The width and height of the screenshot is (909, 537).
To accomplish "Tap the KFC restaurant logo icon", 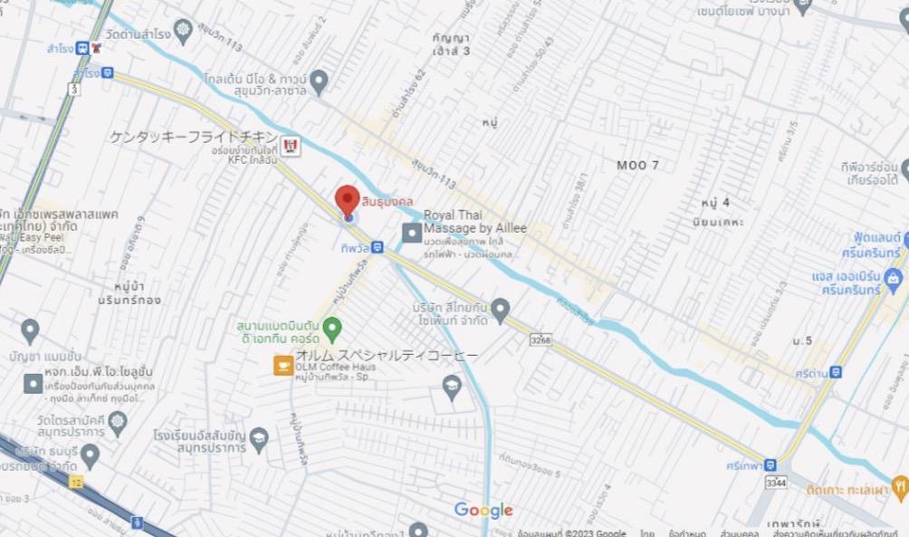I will (290, 144).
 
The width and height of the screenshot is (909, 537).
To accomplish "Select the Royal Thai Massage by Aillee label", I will (474, 222).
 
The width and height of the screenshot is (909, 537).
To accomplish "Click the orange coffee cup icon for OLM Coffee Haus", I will (283, 365).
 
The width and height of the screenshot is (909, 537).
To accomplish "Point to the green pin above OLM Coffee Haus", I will (333, 326).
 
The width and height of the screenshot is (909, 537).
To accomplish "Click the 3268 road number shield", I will (541, 340).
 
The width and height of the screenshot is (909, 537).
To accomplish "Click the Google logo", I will (483, 511).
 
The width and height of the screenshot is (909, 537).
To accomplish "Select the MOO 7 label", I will (637, 165).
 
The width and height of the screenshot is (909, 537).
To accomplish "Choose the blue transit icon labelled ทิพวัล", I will (377, 247).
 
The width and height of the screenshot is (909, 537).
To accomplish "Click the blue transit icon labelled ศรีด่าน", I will (835, 371).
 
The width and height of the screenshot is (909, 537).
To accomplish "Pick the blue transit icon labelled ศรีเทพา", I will (770, 465).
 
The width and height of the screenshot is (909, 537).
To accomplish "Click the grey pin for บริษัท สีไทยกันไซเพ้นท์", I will (500, 309).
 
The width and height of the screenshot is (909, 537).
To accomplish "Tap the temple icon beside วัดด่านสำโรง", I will (185, 30).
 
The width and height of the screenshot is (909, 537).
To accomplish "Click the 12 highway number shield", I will (76, 480).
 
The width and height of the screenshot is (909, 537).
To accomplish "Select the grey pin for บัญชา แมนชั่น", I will (30, 330).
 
